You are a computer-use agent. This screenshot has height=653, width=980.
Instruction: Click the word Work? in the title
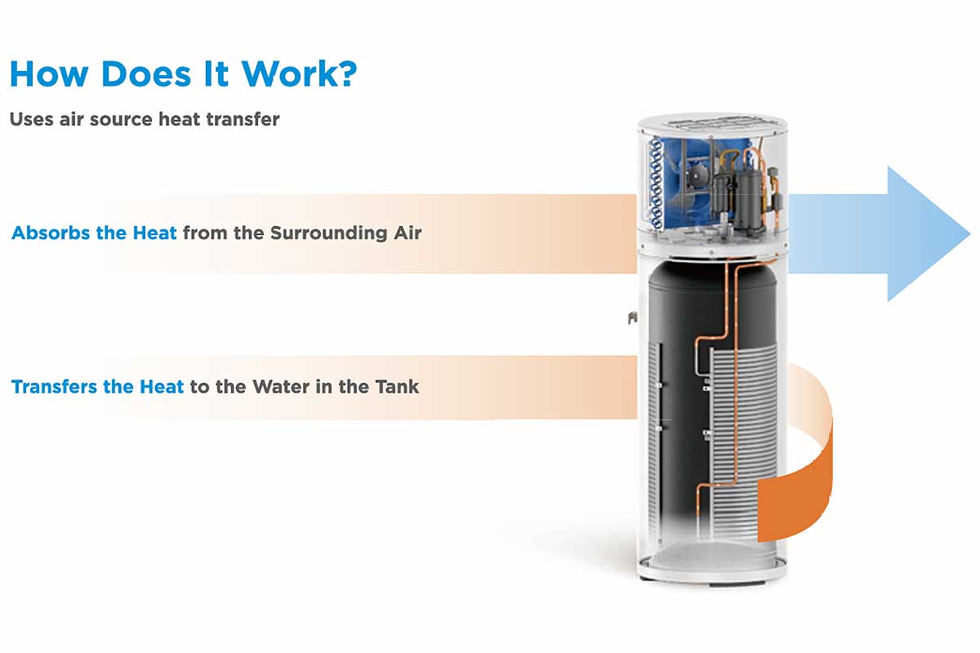pos(299,73)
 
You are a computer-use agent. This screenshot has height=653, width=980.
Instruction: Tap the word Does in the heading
pos(146,73)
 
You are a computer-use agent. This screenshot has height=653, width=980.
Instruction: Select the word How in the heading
pos(48,73)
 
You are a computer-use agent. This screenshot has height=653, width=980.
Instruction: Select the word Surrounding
pos(328,233)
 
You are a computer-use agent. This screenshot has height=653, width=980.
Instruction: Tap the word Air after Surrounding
pos(408,233)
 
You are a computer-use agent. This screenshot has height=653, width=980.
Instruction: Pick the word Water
pos(281,387)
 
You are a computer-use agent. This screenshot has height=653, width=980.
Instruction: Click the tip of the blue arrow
pos(970,233)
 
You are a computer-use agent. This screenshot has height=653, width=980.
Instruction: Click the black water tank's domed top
pos(712,275)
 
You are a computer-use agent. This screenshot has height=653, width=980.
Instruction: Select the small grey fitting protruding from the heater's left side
pos(632,318)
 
